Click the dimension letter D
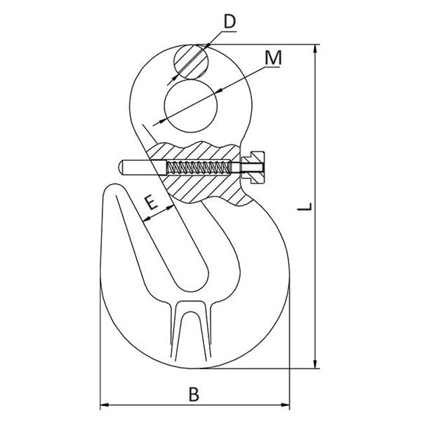(x=230, y=22)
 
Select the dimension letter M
(x=274, y=58)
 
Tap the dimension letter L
(x=305, y=206)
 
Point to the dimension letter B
(x=194, y=394)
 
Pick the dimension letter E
(x=151, y=203)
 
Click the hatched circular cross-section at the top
(x=191, y=62)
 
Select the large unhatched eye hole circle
(x=191, y=106)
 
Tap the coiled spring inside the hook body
(x=199, y=168)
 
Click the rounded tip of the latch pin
(x=121, y=168)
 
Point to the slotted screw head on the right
(x=253, y=168)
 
